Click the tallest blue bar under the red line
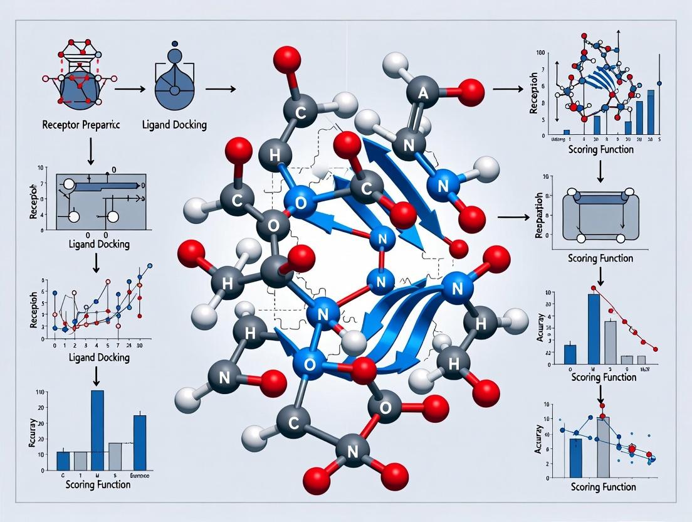(594, 329)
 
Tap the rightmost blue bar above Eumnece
(140, 442)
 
